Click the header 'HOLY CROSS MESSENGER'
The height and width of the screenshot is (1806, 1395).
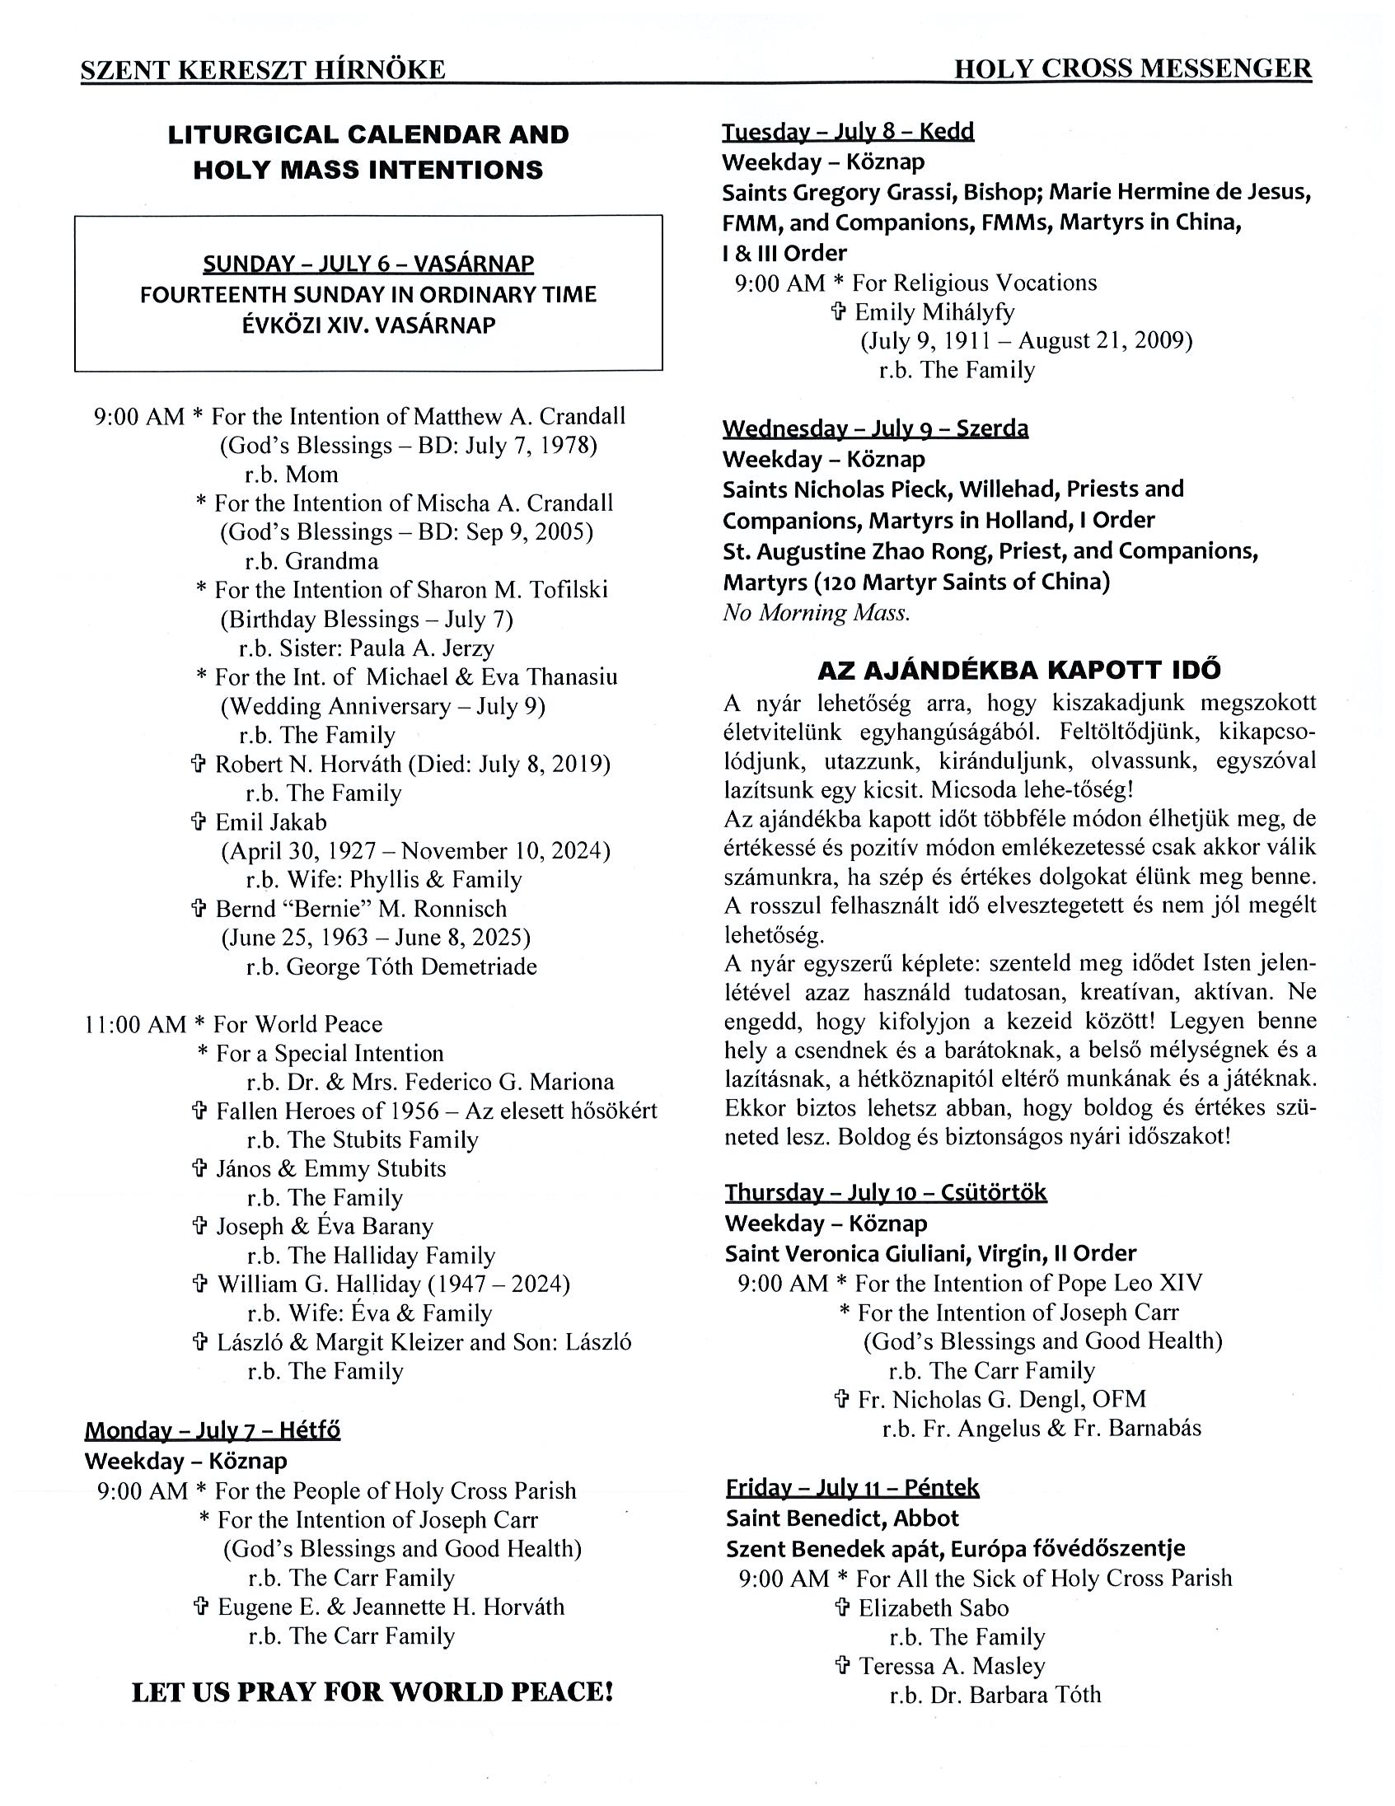(x=1132, y=68)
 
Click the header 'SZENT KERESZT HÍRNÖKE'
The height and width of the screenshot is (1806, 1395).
(x=263, y=70)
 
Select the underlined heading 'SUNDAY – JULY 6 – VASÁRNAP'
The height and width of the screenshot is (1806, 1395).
(x=368, y=264)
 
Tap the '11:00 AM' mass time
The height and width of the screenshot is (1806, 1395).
(x=135, y=1025)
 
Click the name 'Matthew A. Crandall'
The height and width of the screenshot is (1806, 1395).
(x=519, y=416)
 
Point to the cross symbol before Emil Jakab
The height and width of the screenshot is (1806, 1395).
(x=199, y=822)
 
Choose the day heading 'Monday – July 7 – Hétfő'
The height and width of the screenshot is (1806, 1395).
(x=212, y=1429)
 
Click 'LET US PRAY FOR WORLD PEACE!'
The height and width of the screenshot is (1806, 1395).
(x=372, y=1692)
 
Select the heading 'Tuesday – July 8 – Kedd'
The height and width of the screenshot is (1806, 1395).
(x=848, y=132)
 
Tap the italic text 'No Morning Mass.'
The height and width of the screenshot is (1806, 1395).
(x=817, y=613)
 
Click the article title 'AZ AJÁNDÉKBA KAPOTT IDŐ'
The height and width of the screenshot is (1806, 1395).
(x=1018, y=670)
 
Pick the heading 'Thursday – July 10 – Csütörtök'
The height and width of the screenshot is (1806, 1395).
(x=886, y=1192)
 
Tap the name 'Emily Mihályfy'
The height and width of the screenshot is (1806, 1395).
(x=934, y=312)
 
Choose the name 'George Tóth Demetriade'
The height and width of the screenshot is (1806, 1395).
(x=411, y=966)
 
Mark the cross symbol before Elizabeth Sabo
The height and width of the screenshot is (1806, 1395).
(x=842, y=1607)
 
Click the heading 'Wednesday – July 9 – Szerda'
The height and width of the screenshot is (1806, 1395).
(x=875, y=428)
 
